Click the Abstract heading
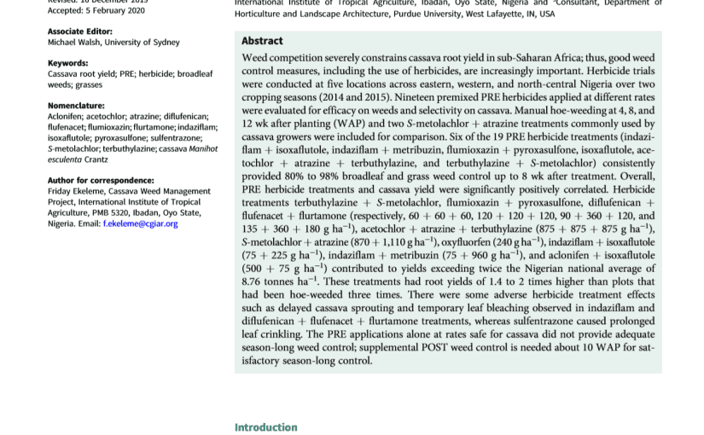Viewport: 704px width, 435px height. (262, 41)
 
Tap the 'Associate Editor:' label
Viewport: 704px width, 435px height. (79, 32)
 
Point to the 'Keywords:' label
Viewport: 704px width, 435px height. (68, 63)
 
